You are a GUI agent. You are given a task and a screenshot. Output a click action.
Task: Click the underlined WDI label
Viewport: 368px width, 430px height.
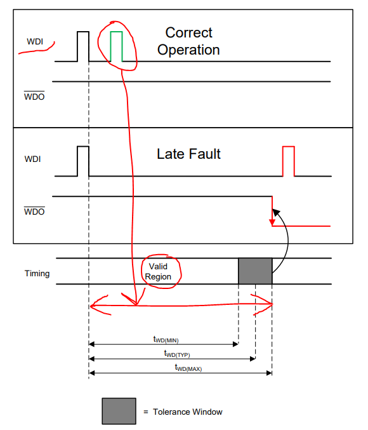[x=35, y=41]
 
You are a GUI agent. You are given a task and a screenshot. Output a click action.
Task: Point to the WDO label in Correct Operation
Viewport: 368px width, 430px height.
[x=34, y=96]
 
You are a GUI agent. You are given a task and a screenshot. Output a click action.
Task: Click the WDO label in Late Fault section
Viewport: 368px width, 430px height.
[x=34, y=211]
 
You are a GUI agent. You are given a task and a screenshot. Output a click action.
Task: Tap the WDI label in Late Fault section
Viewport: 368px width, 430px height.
[x=32, y=159]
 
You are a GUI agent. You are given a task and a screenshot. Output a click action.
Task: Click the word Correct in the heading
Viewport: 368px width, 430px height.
[x=189, y=32]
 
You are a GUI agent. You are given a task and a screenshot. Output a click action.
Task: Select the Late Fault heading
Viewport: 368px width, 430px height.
[x=188, y=154]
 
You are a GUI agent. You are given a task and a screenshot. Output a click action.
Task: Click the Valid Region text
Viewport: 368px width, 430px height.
[x=158, y=271]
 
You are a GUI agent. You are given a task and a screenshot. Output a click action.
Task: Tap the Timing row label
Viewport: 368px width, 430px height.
[x=37, y=273]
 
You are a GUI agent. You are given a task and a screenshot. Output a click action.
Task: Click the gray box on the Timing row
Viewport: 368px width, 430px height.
[x=255, y=271]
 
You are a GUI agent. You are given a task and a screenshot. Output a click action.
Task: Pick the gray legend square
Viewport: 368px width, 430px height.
[x=119, y=411]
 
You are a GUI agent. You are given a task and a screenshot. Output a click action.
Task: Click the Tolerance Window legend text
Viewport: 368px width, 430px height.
[x=188, y=412]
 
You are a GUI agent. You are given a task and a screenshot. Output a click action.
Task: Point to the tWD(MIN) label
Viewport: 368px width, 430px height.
[x=166, y=339]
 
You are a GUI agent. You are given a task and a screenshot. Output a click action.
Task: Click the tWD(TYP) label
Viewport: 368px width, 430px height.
[x=177, y=354]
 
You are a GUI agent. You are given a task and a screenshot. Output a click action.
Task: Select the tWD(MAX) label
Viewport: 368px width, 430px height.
[x=188, y=368]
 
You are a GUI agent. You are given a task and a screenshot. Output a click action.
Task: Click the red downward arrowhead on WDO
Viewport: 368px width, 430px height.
[x=272, y=222]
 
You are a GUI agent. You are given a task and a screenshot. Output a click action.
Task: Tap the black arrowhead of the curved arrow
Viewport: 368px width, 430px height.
[x=276, y=213]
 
